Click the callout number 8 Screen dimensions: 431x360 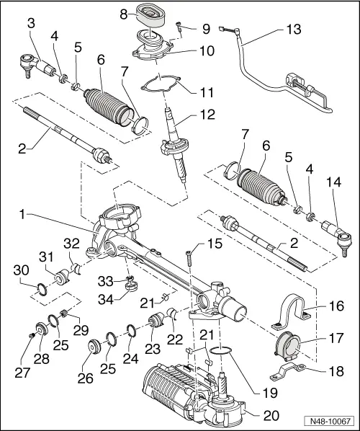pyautogui.click(x=123, y=14)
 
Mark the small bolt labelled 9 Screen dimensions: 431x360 pyautogui.click(x=179, y=30)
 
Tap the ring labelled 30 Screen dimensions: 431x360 pyautogui.click(x=42, y=291)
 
